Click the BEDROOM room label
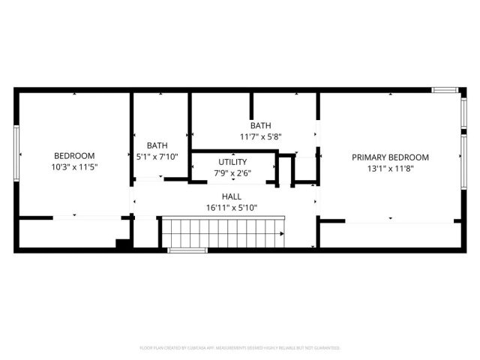pos(73,155)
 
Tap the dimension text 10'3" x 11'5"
pos(73,167)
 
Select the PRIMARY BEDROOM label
pos(390,157)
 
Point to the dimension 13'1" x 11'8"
pos(390,169)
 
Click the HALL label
pos(231,196)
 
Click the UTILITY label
pos(232,162)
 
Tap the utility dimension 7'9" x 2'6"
pos(232,173)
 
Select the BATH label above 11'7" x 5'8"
pos(260,126)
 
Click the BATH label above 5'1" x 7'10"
pos(157,145)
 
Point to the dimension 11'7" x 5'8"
pos(260,137)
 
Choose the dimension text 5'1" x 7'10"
pos(157,157)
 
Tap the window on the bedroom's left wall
pos(16,154)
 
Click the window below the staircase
pos(187,250)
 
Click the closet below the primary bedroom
pos(390,235)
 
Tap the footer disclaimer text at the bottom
pos(240,348)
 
